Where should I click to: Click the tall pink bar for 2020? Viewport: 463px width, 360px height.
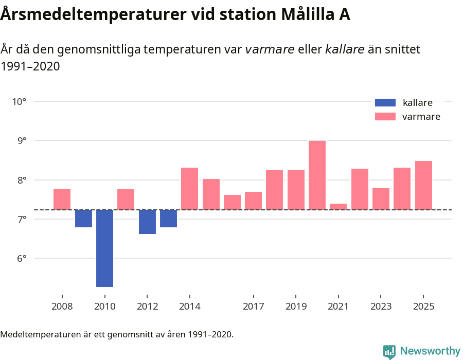317,175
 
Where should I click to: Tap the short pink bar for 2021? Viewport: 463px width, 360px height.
338,207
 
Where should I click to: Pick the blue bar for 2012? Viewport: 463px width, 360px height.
147,222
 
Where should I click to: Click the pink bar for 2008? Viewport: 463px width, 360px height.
62,199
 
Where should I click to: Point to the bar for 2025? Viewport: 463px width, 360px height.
423,185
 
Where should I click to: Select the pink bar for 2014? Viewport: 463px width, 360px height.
189,188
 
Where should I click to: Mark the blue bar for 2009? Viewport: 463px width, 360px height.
83,219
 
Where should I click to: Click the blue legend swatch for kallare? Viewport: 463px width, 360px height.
385,102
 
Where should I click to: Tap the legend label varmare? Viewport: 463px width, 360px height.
421,117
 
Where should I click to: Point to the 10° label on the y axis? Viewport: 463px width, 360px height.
19,101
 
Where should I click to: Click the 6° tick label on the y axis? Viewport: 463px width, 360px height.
19,259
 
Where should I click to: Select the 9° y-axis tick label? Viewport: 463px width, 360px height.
19,141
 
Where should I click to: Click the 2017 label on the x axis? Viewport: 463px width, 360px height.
253,307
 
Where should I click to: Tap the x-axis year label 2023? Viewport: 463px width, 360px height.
381,307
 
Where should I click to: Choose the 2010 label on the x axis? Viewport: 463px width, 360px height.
104,307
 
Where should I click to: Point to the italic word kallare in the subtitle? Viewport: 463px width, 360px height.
345,49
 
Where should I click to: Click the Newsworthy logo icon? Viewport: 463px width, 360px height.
389,351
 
